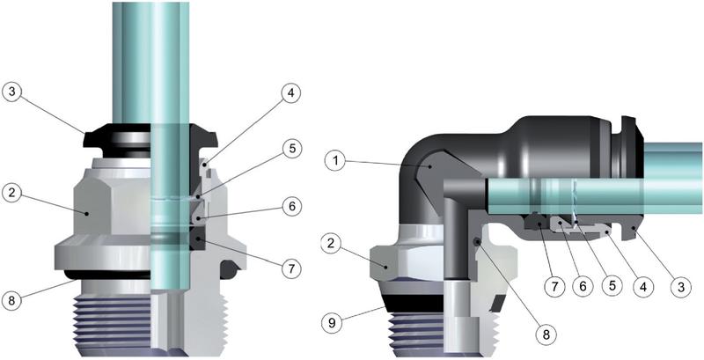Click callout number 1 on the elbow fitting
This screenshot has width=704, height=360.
point(335,161)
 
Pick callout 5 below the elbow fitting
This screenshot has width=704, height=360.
point(613,286)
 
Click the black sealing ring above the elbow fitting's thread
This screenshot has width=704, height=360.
point(414,301)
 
